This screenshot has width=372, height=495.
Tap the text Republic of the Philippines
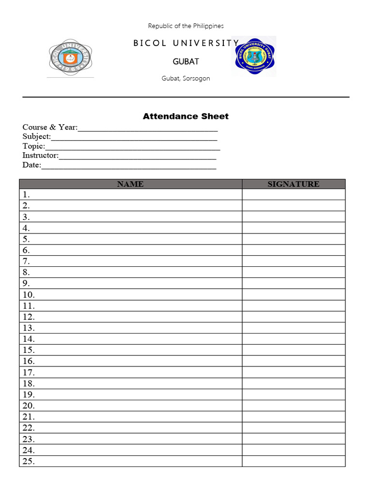[x=186, y=26]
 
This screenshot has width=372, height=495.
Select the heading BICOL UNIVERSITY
[x=186, y=43]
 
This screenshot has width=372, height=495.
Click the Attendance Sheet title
[x=186, y=116]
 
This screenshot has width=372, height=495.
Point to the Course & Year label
[x=50, y=127]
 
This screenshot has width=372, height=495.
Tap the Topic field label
[x=33, y=146]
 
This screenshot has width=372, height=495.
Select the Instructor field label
[x=40, y=156]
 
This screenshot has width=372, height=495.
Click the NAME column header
[x=130, y=184]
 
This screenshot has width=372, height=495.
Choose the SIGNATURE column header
[x=294, y=184]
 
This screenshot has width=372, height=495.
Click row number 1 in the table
[x=26, y=195]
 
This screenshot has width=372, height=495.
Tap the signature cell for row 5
[x=294, y=239]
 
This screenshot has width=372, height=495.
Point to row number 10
[x=29, y=295]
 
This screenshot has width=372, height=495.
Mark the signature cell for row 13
[x=294, y=328]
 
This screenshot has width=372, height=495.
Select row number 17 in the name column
[x=29, y=373]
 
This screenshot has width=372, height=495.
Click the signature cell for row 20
[x=294, y=406]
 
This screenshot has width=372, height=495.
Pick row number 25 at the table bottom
[x=29, y=462]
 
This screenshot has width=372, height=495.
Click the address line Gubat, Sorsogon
[x=186, y=78]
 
